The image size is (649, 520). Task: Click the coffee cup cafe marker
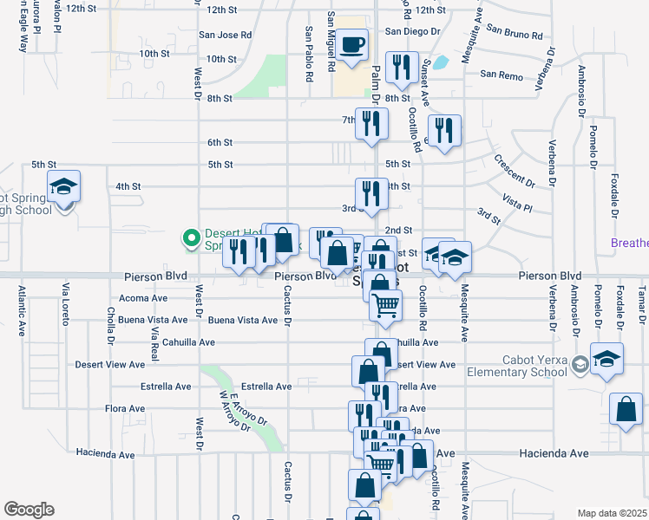[351, 45]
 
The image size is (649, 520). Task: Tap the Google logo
[29, 510]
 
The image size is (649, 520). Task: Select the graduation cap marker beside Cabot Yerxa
[606, 358]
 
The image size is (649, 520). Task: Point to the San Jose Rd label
[225, 36]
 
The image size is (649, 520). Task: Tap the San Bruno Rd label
[514, 34]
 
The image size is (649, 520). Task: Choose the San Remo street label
[501, 76]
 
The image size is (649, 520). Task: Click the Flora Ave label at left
[123, 408]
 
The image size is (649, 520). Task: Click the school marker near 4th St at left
[64, 188]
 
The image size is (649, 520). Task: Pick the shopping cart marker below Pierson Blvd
[385, 305]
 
